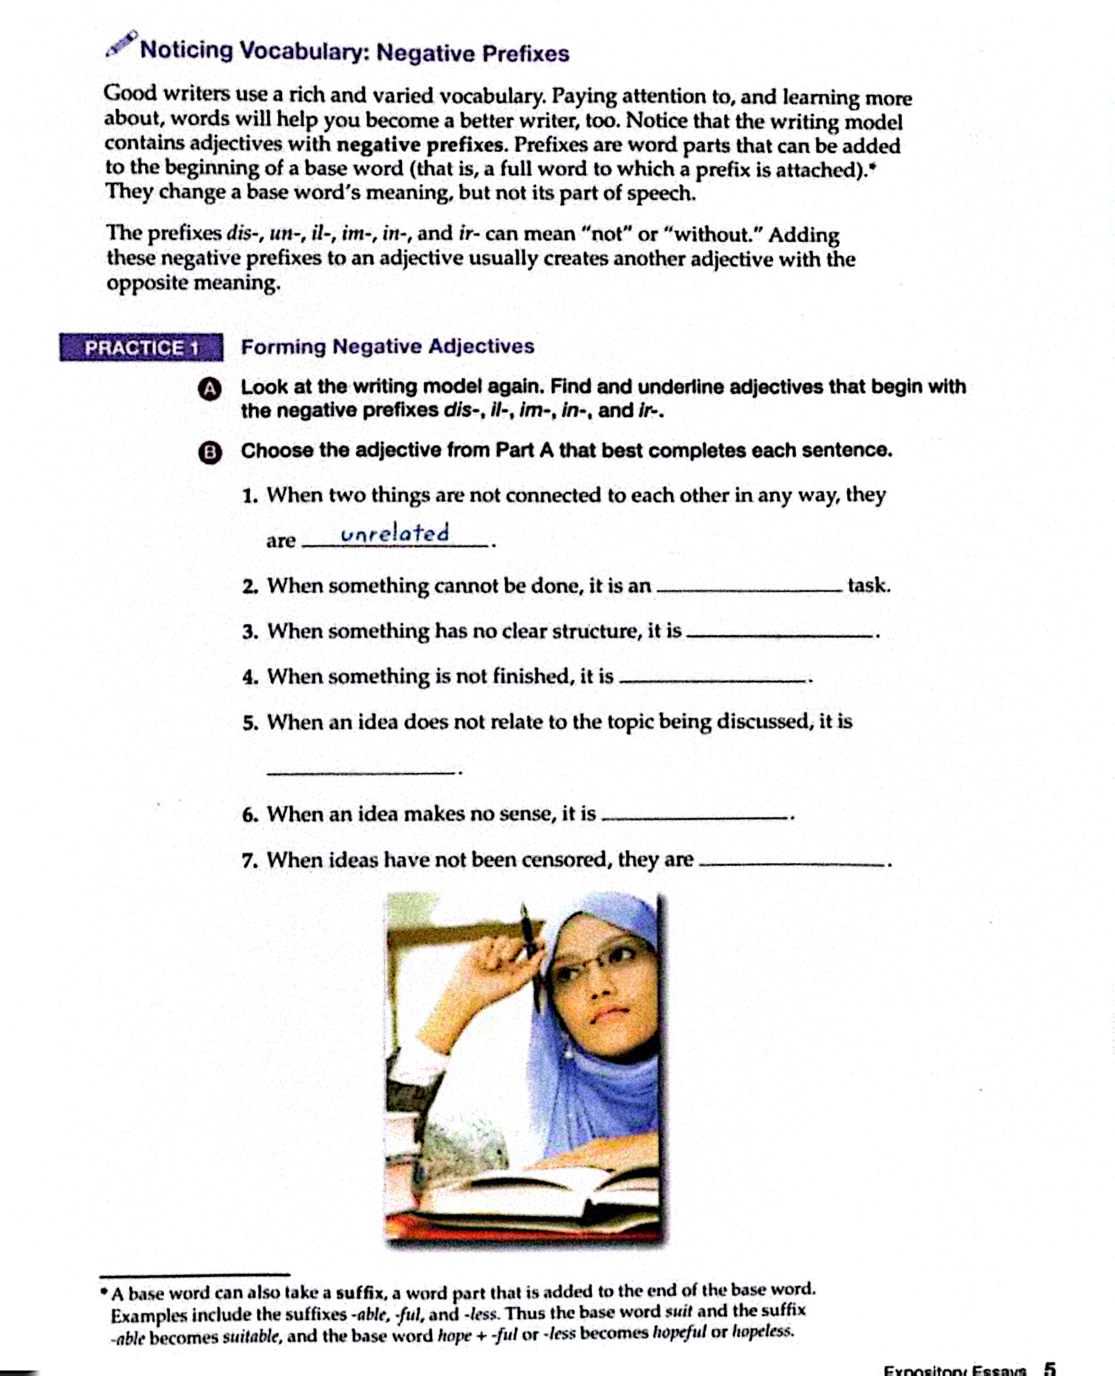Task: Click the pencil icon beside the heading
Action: [122, 44]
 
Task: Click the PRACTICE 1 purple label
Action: [141, 348]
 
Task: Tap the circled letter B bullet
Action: [210, 453]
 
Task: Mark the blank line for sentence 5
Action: [361, 772]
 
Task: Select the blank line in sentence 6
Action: [694, 818]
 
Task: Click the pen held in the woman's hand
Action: [531, 951]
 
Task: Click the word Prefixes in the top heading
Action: [525, 53]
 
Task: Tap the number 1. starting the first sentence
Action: [250, 496]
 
